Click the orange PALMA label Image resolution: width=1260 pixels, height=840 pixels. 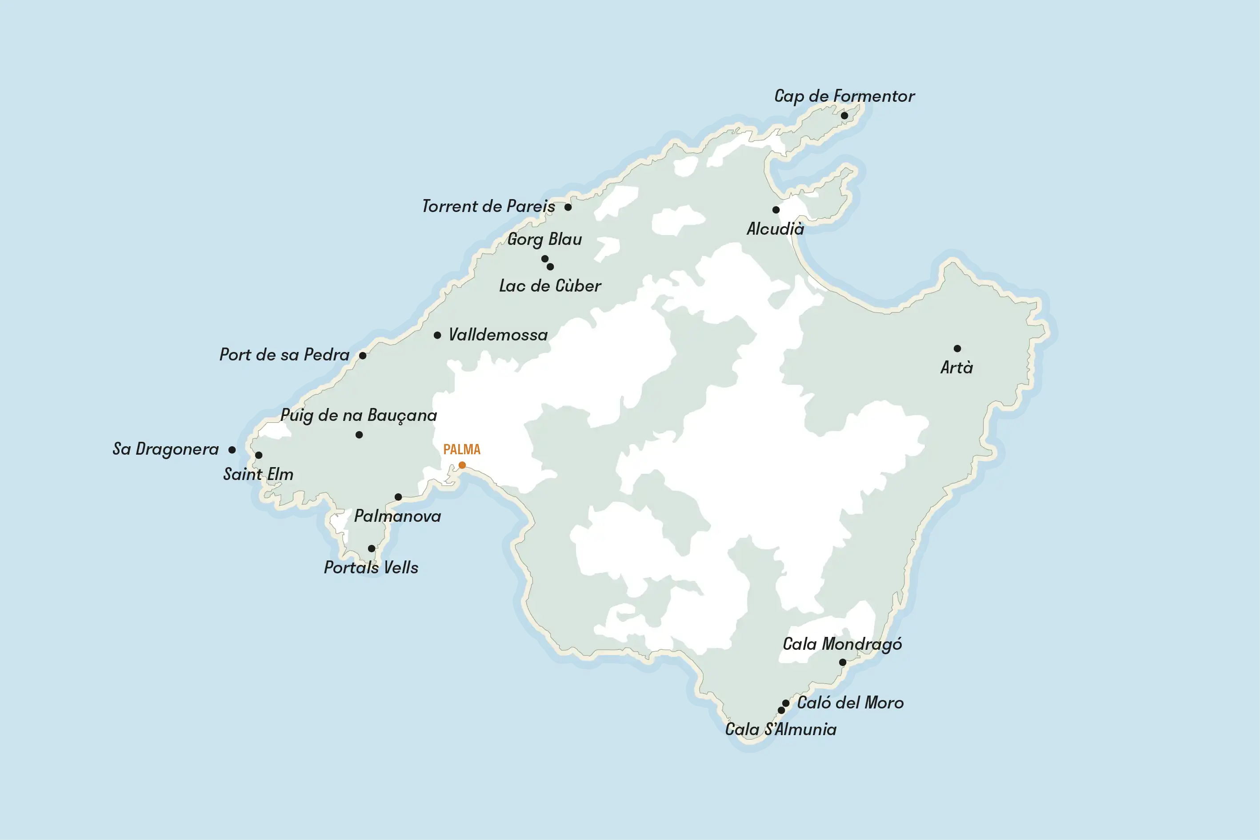[461, 449]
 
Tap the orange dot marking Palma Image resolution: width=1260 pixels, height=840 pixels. [462, 465]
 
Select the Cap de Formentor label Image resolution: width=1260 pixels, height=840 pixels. [844, 96]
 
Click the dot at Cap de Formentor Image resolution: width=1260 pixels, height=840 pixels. [844, 116]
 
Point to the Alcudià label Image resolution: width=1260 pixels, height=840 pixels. [775, 229]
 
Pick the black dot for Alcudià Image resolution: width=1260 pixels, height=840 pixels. [776, 209]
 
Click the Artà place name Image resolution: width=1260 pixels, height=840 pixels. [956, 368]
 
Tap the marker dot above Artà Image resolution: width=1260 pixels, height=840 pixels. [957, 348]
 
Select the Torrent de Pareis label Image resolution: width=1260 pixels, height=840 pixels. [488, 206]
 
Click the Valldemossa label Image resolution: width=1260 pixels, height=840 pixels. [498, 335]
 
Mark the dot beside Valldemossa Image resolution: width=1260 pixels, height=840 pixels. [437, 336]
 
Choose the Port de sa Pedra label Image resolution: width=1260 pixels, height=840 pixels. [284, 355]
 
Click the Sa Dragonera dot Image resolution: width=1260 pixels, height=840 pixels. [232, 450]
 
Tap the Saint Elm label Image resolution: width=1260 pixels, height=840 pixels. [258, 474]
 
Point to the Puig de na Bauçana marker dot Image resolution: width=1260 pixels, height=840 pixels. [359, 435]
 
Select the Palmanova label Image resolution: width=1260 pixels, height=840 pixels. [397, 516]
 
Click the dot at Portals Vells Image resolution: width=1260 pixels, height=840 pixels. [371, 548]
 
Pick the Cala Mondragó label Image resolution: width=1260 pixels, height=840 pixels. [842, 644]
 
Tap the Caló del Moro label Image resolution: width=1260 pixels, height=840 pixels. [850, 703]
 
